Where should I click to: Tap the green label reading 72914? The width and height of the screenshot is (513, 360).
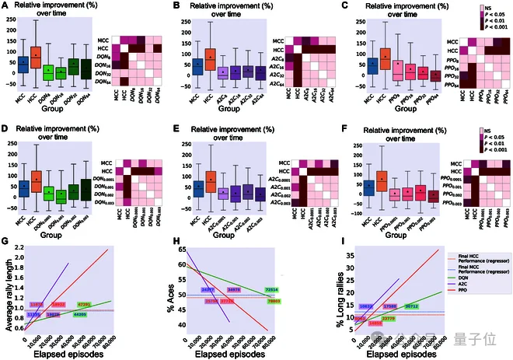(x=272, y=289)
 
